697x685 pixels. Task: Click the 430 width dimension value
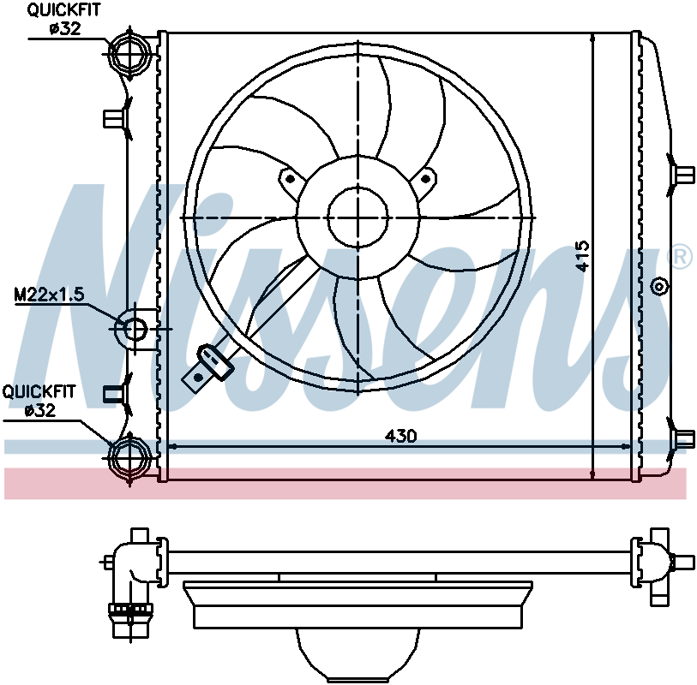pyautogui.click(x=400, y=436)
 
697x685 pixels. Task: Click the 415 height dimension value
pyautogui.click(x=582, y=256)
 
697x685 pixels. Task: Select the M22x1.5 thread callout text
pyautogui.click(x=50, y=295)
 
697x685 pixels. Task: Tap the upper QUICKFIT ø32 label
pyautogui.click(x=64, y=19)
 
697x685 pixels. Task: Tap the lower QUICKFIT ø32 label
pyautogui.click(x=39, y=401)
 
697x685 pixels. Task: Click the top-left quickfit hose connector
pyautogui.click(x=129, y=53)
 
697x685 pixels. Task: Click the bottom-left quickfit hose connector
pyautogui.click(x=129, y=458)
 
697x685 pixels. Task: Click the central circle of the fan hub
pyautogui.click(x=358, y=217)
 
